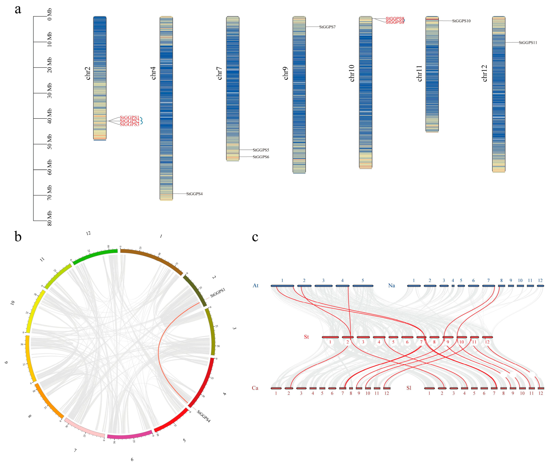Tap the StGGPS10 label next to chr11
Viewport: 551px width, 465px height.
461,21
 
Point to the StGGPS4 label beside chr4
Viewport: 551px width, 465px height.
194,194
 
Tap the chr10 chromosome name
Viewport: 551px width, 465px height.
352,73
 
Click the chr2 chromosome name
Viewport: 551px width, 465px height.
88,73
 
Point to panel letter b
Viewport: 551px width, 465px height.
18,237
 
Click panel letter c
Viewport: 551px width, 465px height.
255,237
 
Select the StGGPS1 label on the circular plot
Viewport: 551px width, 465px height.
218,293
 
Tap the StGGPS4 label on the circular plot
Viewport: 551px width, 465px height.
204,416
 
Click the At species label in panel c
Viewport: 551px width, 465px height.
255,285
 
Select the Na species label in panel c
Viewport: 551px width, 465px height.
391,285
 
